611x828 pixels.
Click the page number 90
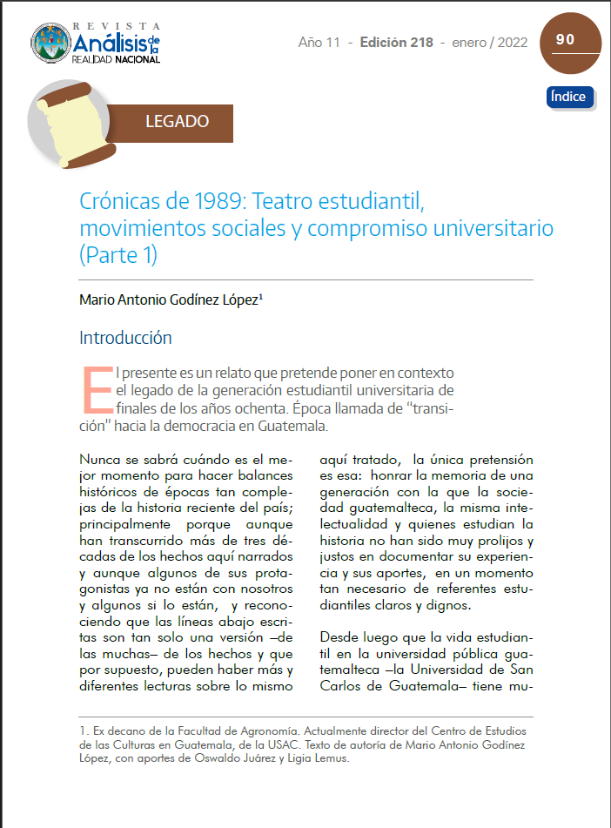(x=565, y=39)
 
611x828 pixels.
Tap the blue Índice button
(x=569, y=97)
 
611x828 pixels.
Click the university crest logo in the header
(x=50, y=44)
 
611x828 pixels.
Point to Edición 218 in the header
(x=396, y=42)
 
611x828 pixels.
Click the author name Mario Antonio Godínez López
(x=171, y=300)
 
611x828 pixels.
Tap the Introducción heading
(x=125, y=338)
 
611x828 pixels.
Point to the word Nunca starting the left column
(x=100, y=459)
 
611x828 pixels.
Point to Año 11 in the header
(x=319, y=42)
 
